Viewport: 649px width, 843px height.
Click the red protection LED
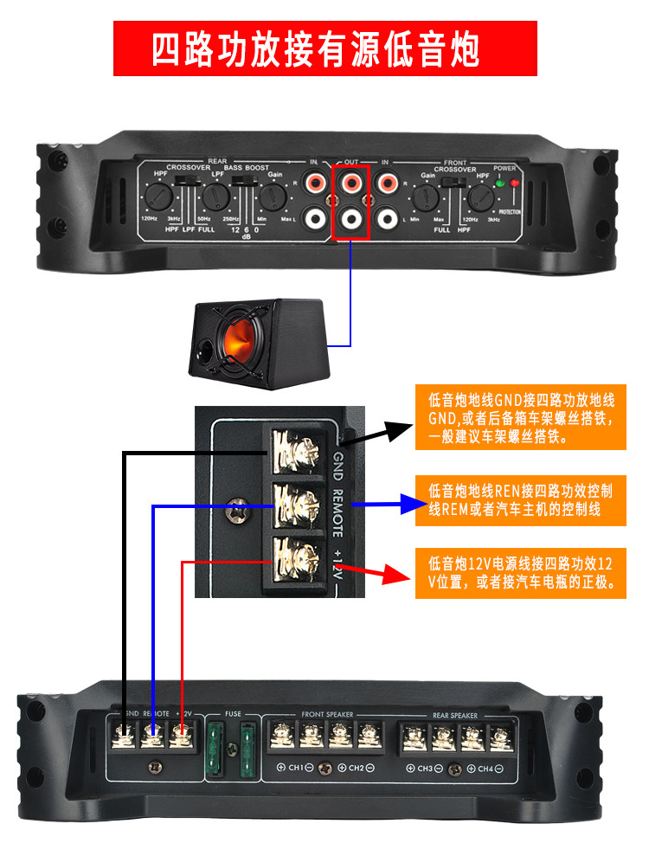coord(516,183)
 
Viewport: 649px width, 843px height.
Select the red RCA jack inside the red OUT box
coord(351,183)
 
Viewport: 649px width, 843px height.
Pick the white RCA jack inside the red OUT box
coord(351,217)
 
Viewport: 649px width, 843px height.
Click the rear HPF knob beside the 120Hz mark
coord(158,199)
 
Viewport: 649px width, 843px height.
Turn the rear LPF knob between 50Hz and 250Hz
coord(214,199)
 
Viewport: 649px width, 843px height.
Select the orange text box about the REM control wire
coord(520,500)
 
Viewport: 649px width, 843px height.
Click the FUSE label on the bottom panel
coord(233,714)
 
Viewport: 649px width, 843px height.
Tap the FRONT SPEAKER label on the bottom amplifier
coord(325,715)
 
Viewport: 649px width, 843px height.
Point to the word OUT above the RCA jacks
coord(351,162)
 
